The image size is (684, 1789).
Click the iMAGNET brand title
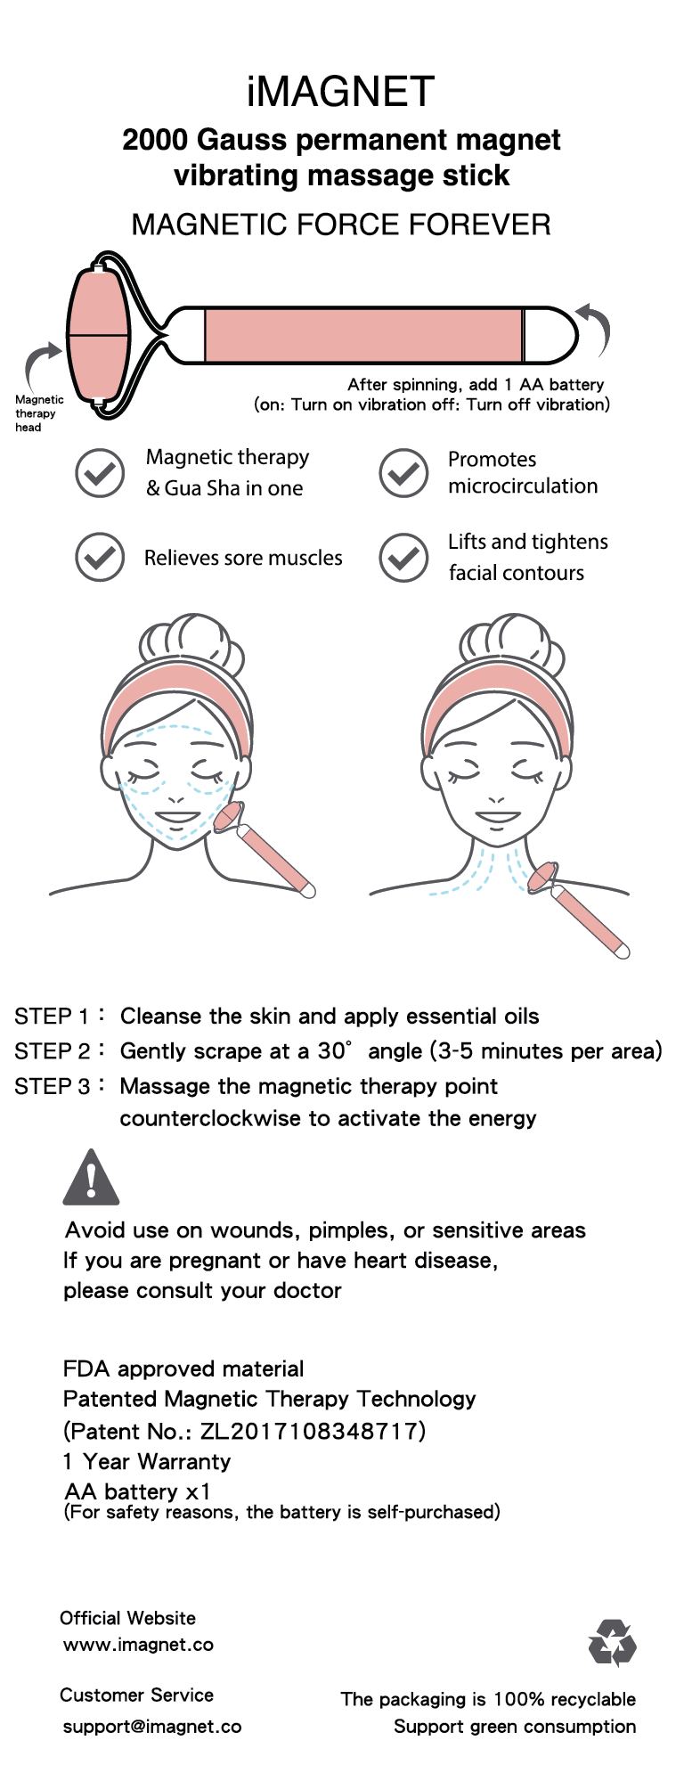[341, 92]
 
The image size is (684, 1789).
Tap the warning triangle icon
[91, 1178]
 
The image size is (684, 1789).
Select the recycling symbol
[613, 1643]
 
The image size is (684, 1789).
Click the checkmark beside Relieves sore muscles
[100, 558]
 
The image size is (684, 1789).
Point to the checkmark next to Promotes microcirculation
[403, 473]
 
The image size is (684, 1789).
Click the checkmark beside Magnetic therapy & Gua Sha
[100, 473]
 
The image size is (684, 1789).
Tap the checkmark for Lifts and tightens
[403, 558]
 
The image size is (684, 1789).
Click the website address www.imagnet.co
[138, 1645]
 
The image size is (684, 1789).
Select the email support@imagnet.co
[152, 1727]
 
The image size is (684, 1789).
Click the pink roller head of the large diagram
[99, 336]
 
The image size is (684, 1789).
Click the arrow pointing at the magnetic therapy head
[39, 364]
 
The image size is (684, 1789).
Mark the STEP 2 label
[53, 1051]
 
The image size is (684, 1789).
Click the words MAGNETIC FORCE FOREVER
[341, 225]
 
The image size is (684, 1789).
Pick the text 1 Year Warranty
[147, 1461]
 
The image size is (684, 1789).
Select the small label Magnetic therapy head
[38, 413]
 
